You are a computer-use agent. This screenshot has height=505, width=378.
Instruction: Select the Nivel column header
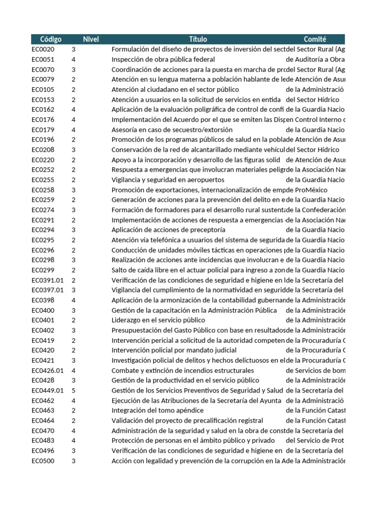point(91,39)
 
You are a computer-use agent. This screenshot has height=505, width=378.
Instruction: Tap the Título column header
point(198,39)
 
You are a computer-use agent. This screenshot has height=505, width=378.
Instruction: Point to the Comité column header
point(315,39)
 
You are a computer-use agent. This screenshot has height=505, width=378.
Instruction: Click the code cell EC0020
point(43,49)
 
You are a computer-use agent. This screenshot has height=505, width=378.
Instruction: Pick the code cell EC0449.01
point(48,390)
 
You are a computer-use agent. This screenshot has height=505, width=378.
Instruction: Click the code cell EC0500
point(43,461)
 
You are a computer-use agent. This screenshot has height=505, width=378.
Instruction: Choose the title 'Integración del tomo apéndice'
point(157,410)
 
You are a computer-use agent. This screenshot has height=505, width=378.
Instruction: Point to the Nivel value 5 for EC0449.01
point(74,390)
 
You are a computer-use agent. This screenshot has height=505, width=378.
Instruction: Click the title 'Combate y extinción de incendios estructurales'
point(183,370)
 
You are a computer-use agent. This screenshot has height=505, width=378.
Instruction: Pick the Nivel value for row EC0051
point(74,59)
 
